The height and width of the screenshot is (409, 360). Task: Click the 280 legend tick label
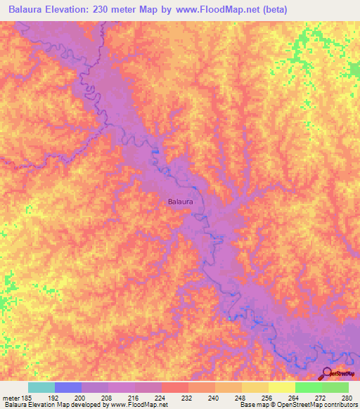point(342,397)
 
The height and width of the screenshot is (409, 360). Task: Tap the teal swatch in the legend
point(41,387)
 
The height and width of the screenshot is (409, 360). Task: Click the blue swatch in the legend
point(68,387)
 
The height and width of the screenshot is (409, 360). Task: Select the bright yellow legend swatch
point(281,387)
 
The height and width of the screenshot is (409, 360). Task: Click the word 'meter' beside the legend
point(11,397)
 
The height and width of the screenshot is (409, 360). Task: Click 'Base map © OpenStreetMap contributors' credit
point(299,405)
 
